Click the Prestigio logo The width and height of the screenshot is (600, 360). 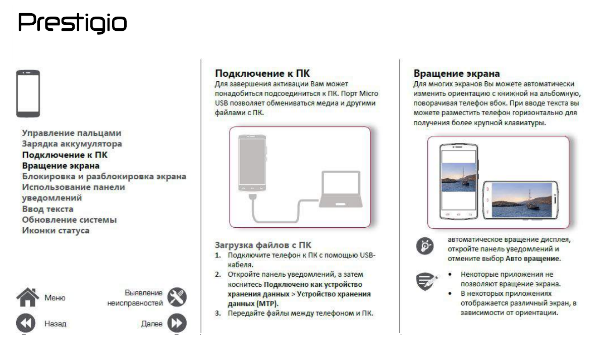point(72,22)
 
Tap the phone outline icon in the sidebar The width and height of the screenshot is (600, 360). point(28,94)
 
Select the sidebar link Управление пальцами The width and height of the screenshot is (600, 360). point(71,133)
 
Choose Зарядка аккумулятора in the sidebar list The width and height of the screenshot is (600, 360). point(71,144)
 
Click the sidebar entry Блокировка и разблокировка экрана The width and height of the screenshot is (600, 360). point(104,176)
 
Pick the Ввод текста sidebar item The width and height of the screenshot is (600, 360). point(47,209)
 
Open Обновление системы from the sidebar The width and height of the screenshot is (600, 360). point(69,220)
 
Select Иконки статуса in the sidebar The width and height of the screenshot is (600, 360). point(56,231)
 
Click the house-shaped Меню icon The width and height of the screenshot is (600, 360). point(28,297)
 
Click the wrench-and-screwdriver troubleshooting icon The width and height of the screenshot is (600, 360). point(177,297)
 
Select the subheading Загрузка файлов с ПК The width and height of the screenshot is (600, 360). point(264,245)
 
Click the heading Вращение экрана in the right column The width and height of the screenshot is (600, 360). point(456,74)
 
